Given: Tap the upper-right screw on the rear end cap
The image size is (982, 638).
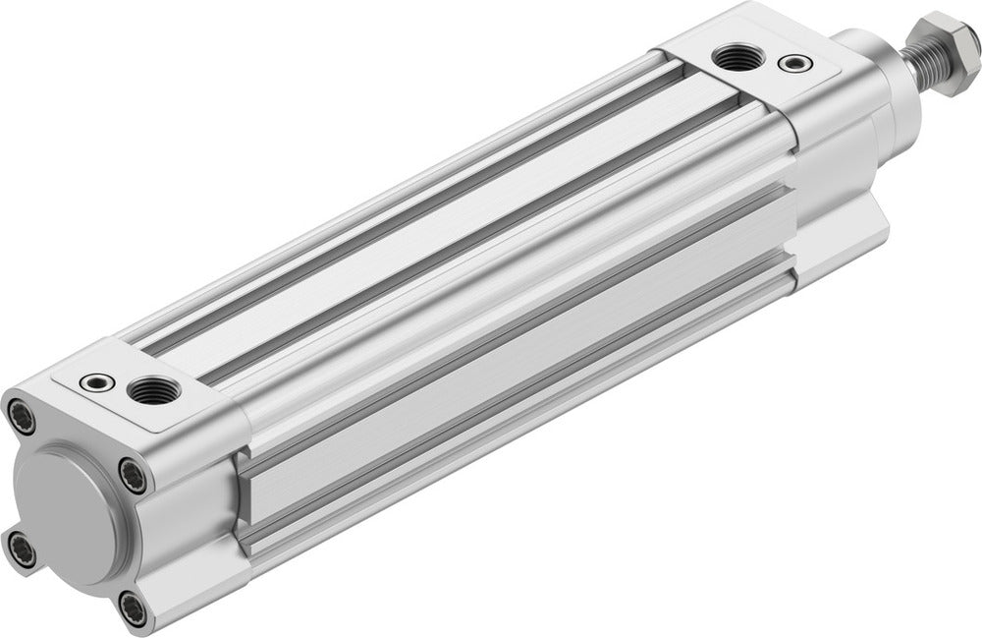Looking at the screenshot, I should tap(136, 478).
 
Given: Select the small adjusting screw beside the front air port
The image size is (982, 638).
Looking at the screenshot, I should tap(791, 65).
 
